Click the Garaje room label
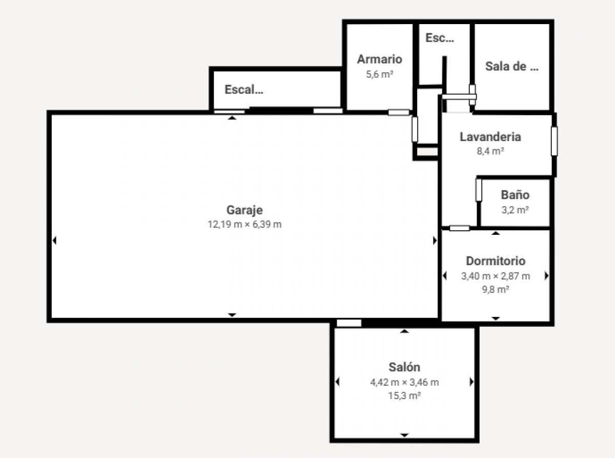click(x=244, y=210)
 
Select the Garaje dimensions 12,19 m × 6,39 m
click(x=244, y=224)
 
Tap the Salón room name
click(x=404, y=367)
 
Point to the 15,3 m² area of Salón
click(x=404, y=395)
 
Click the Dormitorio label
click(x=496, y=261)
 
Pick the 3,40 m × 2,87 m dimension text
click(x=496, y=276)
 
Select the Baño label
click(x=515, y=195)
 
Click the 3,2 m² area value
click(x=515, y=210)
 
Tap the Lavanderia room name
click(x=490, y=137)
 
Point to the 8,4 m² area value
click(x=490, y=151)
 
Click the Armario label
click(x=379, y=59)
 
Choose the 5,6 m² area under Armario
click(x=379, y=74)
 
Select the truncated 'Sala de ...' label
click(x=511, y=66)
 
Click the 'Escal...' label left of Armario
click(x=244, y=89)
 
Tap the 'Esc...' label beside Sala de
click(x=440, y=38)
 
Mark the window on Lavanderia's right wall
click(x=554, y=141)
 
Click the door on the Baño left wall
click(x=479, y=190)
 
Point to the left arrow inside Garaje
click(x=55, y=241)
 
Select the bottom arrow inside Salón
click(x=404, y=435)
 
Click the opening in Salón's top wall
click(x=349, y=323)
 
